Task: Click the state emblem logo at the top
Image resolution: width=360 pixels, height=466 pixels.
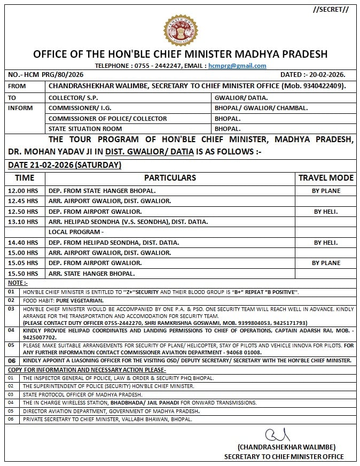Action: click(x=180, y=30)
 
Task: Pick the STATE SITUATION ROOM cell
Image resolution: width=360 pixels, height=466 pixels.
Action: click(x=85, y=129)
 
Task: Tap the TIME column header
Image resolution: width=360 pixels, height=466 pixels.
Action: click(x=25, y=178)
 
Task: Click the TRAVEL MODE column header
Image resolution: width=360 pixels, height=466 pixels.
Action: click(x=326, y=178)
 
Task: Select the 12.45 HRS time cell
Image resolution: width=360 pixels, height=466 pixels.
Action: click(x=23, y=201)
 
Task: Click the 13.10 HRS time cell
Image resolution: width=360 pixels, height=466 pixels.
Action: click(x=23, y=222)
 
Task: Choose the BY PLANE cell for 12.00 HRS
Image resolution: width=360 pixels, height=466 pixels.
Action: click(x=326, y=191)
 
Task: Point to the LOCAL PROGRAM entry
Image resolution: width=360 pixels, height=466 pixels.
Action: click(x=75, y=232)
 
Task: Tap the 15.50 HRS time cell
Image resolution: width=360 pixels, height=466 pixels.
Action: click(x=23, y=274)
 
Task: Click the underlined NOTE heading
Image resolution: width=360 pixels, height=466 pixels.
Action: click(x=18, y=283)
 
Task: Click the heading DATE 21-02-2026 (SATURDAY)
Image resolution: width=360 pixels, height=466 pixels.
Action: click(x=65, y=165)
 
